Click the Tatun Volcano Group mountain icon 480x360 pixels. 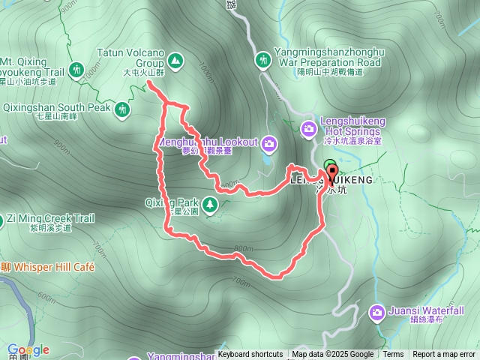[175, 58]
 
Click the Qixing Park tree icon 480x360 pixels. [210, 203]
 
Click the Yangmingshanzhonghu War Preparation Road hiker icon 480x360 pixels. [263, 59]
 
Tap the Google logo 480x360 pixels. [28, 349]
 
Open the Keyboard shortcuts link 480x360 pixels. [250, 355]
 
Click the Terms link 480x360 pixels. [393, 355]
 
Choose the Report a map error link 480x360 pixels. [444, 355]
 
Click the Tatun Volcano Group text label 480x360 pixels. [130, 58]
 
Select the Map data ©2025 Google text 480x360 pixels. [333, 355]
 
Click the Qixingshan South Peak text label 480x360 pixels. [57, 107]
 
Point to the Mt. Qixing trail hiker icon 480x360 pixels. [76, 70]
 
